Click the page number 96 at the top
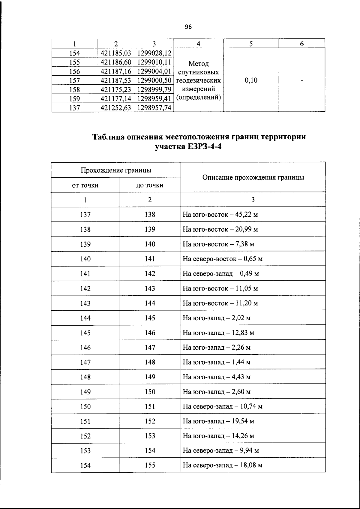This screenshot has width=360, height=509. pyautogui.click(x=188, y=27)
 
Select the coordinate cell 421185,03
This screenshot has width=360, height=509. pyautogui.click(x=116, y=53)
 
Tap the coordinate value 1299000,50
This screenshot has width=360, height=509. pyautogui.click(x=154, y=80)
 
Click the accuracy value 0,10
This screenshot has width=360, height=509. pyautogui.click(x=251, y=80)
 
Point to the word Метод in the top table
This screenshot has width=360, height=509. pyautogui.click(x=199, y=64)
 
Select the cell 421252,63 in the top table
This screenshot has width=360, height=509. pyautogui.click(x=116, y=108)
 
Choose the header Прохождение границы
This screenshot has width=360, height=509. pyautogui.click(x=116, y=170)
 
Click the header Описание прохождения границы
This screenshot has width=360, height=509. pyautogui.click(x=253, y=177)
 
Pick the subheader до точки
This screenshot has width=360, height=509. pyautogui.click(x=150, y=185)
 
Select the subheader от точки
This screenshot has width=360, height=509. pyautogui.click(x=85, y=185)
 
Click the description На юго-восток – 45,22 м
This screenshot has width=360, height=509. pyautogui.click(x=220, y=215)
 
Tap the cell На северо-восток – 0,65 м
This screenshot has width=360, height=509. pyautogui.click(x=222, y=259)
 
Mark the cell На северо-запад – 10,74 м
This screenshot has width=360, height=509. pyautogui.click(x=222, y=407)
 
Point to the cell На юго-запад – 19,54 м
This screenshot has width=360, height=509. pyautogui.click(x=218, y=421)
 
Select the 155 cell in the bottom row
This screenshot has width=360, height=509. pyautogui.click(x=150, y=465)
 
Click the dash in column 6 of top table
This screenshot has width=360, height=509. pyautogui.click(x=302, y=80)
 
